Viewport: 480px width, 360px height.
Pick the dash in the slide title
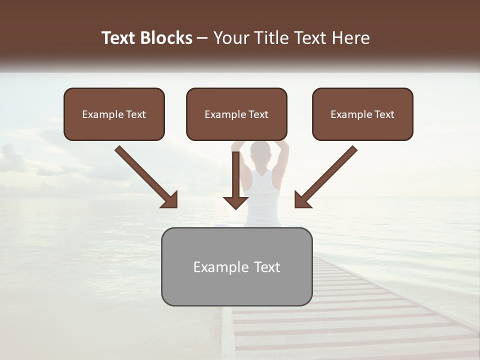pos(203,38)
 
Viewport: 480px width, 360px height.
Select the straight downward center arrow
pos(235,180)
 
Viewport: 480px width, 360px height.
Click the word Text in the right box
pos(384,114)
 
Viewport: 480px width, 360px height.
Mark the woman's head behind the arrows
pos(260,150)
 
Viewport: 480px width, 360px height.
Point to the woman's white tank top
pos(261,197)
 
